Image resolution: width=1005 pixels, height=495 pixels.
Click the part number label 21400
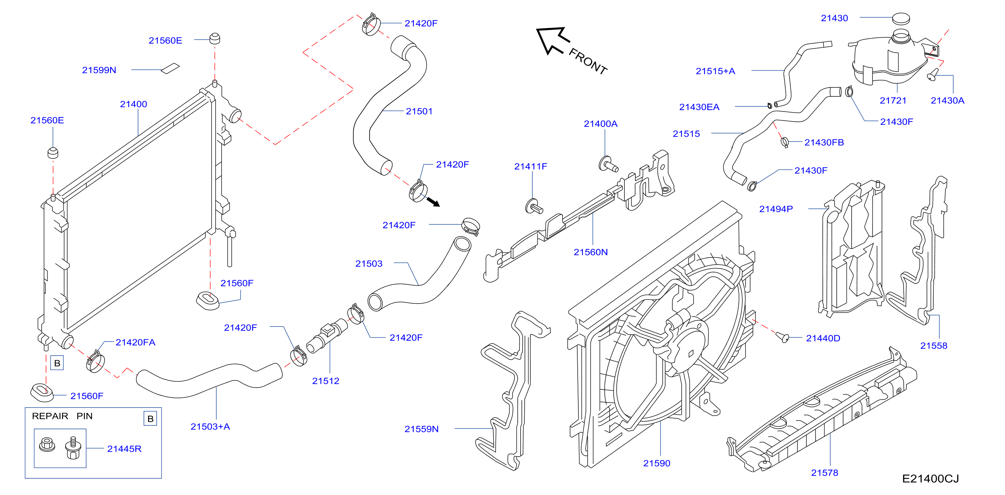pos(133,104)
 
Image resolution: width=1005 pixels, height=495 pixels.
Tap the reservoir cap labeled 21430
pos(901,18)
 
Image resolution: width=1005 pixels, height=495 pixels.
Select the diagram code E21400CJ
pos(930,479)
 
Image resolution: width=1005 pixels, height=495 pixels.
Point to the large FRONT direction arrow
pos(553,40)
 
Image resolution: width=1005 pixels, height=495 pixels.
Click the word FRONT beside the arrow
pos(588,61)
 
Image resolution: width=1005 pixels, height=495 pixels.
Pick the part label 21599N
pos(99,70)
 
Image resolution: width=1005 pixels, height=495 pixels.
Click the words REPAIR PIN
pos(62,416)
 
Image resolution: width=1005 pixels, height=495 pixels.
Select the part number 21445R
pos(124,449)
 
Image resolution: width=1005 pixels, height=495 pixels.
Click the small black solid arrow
pos(433,202)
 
